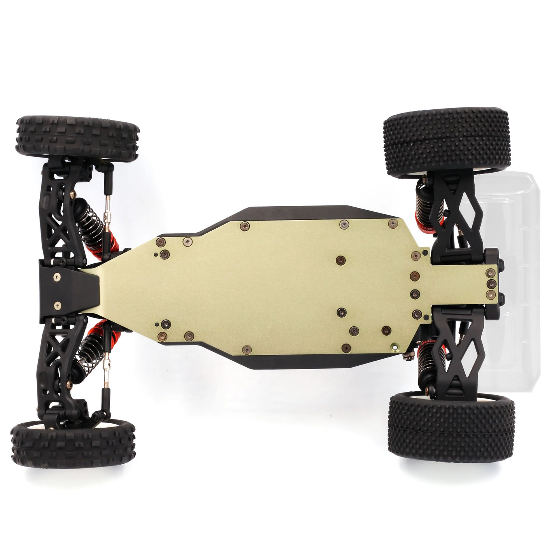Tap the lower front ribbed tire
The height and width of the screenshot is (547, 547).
[x=73, y=443]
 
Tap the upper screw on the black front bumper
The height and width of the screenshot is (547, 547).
[x=58, y=277]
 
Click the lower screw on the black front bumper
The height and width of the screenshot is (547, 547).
[x=58, y=305]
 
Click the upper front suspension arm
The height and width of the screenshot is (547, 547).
[x=58, y=210]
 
